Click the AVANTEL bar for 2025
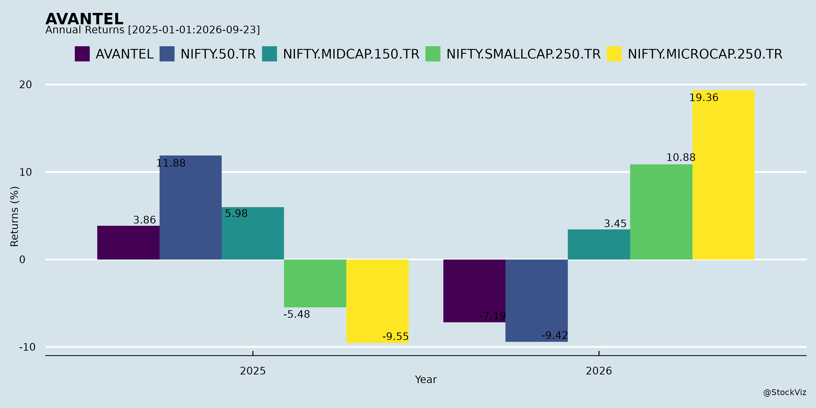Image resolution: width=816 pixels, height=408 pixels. pyautogui.click(x=128, y=243)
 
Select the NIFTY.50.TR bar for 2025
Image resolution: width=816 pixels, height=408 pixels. pyautogui.click(x=191, y=207)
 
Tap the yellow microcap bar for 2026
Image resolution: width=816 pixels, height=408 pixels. pyautogui.click(x=723, y=175)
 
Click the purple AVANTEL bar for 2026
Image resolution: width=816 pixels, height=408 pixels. pyautogui.click(x=474, y=291)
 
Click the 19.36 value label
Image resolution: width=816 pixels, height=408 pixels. pyautogui.click(x=704, y=97)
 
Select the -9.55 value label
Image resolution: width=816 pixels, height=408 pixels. pyautogui.click(x=395, y=336)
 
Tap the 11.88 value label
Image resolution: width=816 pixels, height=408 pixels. pyautogui.click(x=171, y=163)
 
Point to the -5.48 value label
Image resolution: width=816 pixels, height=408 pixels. pyautogui.click(x=296, y=314)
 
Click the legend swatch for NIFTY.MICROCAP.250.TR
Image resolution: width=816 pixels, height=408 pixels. pyautogui.click(x=614, y=54)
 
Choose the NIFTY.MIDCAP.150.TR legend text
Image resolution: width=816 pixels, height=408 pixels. pyautogui.click(x=351, y=54)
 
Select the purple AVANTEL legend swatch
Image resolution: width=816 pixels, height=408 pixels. pyautogui.click(x=82, y=54)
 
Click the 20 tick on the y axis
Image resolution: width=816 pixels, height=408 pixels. pyautogui.click(x=26, y=85)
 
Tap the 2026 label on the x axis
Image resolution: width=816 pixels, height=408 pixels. pyautogui.click(x=599, y=371)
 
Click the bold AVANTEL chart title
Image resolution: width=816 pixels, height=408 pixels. pyautogui.click(x=84, y=19)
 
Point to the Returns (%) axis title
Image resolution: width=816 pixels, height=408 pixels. pyautogui.click(x=15, y=216)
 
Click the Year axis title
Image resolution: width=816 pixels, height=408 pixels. pyautogui.click(x=426, y=379)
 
